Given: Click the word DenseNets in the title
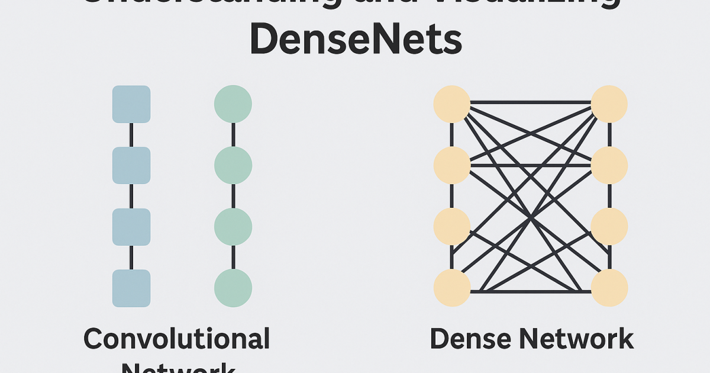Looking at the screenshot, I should coord(356,40).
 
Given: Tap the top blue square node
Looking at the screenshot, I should coord(131,104).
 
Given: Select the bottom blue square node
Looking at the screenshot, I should coord(131,288).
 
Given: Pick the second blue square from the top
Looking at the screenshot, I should coord(131,165).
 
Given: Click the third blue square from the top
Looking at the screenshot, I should coord(131,227).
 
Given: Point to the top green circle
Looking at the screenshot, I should coord(233,104).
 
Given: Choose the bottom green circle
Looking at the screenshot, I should coord(233,288).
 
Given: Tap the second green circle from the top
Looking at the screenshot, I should coord(233,165).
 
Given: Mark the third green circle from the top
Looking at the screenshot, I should coord(233,227).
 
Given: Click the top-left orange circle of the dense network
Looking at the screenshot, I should coord(452,104).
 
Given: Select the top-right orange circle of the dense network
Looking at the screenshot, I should coord(609,104).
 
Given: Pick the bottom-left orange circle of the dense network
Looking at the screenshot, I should coord(452,288).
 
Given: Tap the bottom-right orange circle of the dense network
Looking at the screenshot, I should coord(609,288).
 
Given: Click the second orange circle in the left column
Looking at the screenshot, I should coord(452,165).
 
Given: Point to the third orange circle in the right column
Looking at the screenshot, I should coord(609,227).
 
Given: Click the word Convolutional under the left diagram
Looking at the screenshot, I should coord(177,339).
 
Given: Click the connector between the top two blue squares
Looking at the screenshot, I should coord(131,135).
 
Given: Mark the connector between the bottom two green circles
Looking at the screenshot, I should coord(233,258).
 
